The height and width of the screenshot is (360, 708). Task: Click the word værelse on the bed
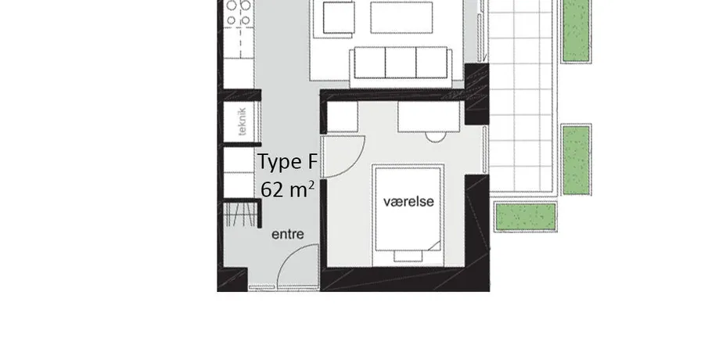pos(408,201)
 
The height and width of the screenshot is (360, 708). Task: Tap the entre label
pos(288,235)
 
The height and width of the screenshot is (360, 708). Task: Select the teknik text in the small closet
pos(242,121)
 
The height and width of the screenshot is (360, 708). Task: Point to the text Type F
pos(288,162)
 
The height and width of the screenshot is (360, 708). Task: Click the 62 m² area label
pos(288,189)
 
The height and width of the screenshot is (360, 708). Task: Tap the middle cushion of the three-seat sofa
pos(401,63)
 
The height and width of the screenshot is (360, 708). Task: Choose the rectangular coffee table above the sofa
pos(401,17)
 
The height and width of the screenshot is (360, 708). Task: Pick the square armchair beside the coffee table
pos(338,18)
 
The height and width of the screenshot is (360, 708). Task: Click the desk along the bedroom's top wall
pos(429,117)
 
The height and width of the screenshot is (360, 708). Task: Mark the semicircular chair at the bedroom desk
pos(436,137)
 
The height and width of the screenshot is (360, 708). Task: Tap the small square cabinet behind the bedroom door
pos(342,117)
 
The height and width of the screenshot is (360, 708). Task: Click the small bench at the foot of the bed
pos(408,256)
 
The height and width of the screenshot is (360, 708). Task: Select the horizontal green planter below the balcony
pos(526,217)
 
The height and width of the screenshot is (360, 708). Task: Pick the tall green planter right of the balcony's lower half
pos(577,160)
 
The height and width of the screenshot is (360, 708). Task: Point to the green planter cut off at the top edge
pos(577,31)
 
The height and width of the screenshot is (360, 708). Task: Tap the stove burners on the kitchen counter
pos(239,13)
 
